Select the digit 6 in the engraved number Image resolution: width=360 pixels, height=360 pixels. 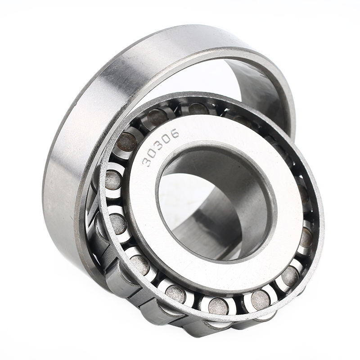tap(175, 133)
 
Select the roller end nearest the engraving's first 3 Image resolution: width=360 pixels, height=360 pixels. tap(127, 142)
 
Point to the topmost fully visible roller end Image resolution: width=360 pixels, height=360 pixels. tap(198, 108)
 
